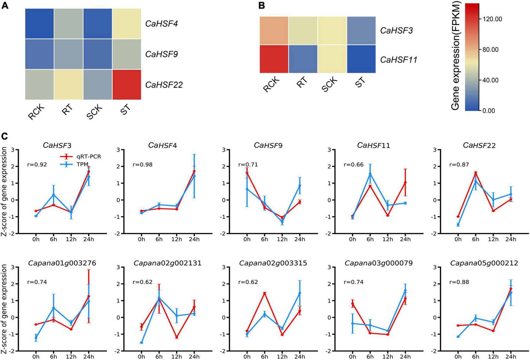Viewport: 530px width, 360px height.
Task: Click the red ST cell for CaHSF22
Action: point(127,84)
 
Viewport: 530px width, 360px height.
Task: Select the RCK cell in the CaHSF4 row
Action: point(39,23)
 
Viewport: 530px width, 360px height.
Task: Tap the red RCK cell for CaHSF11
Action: point(274,59)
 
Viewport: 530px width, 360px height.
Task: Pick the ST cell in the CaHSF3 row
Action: point(361,31)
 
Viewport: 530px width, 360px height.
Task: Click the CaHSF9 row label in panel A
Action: point(162,54)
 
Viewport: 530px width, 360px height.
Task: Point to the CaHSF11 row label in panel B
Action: point(398,60)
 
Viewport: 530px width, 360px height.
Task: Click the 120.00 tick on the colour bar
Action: point(492,19)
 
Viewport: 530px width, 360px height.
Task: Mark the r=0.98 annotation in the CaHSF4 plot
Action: point(142,165)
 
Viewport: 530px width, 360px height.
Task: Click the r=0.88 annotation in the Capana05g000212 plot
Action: point(459,282)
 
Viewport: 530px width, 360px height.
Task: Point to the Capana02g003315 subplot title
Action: point(273,263)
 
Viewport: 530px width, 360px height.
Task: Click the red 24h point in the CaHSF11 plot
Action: point(405,182)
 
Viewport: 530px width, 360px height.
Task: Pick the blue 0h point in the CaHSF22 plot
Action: point(458,225)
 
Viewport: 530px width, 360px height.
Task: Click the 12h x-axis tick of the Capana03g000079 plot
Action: point(388,357)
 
